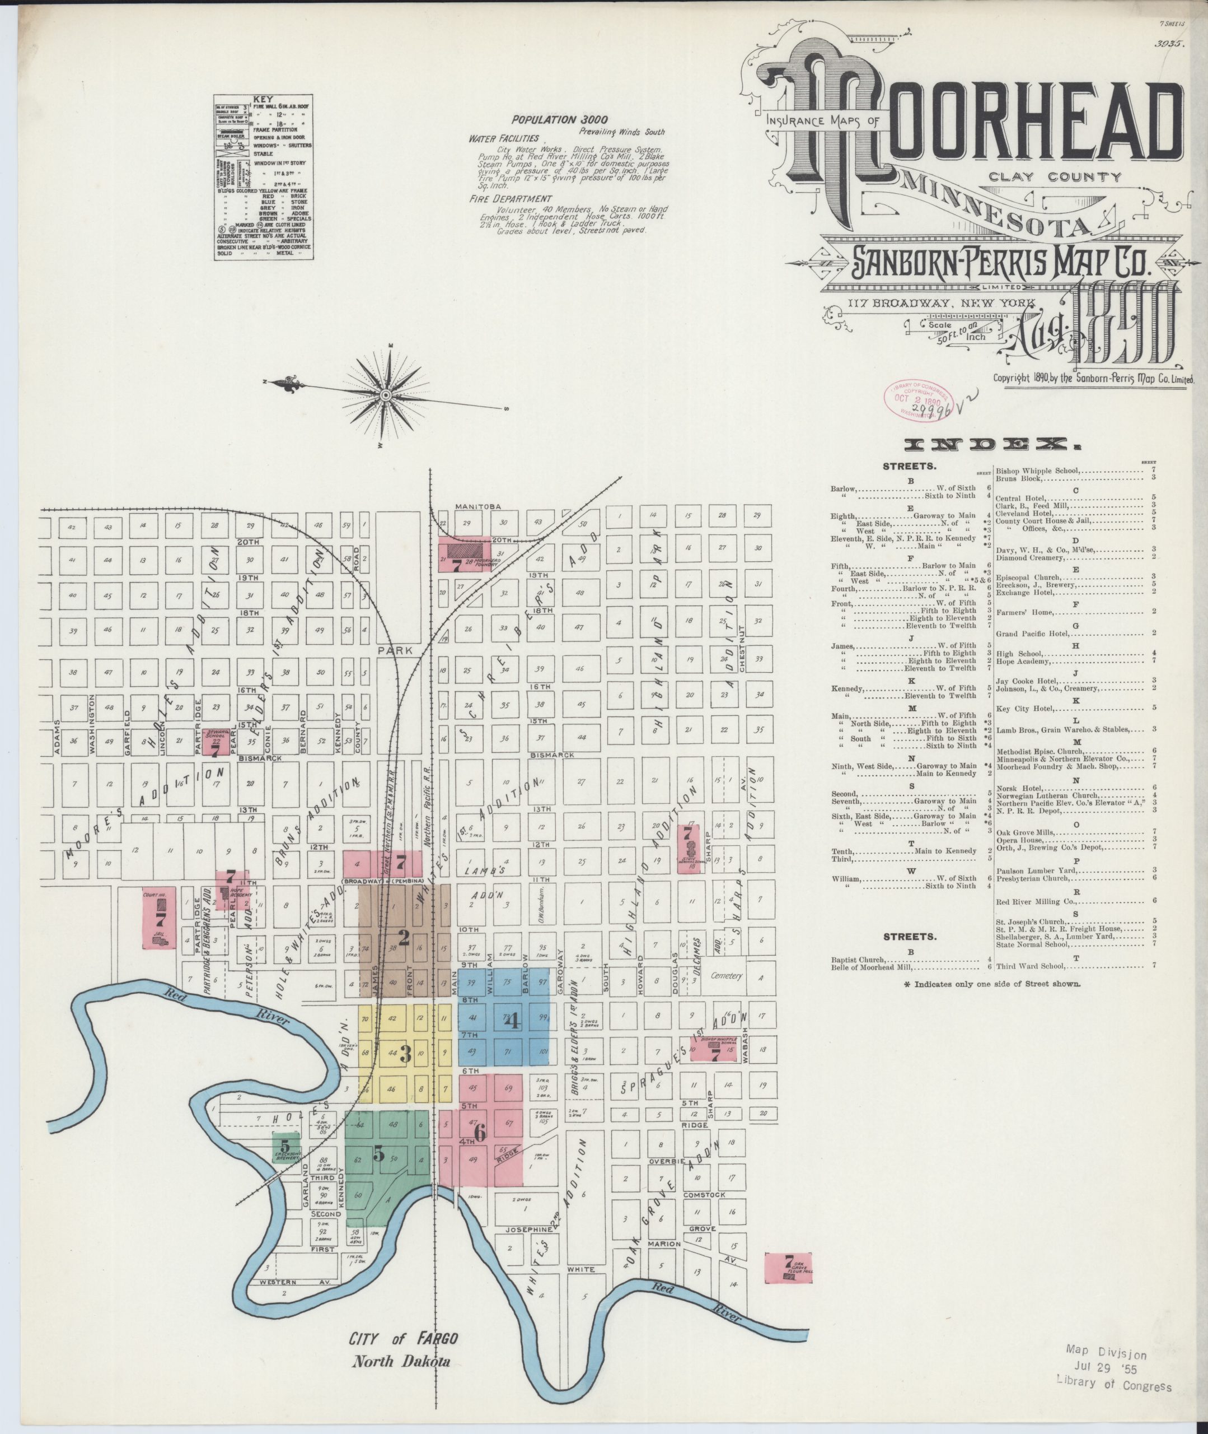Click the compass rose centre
click(x=386, y=395)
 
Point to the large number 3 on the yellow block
click(x=405, y=1053)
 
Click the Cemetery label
click(x=727, y=976)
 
